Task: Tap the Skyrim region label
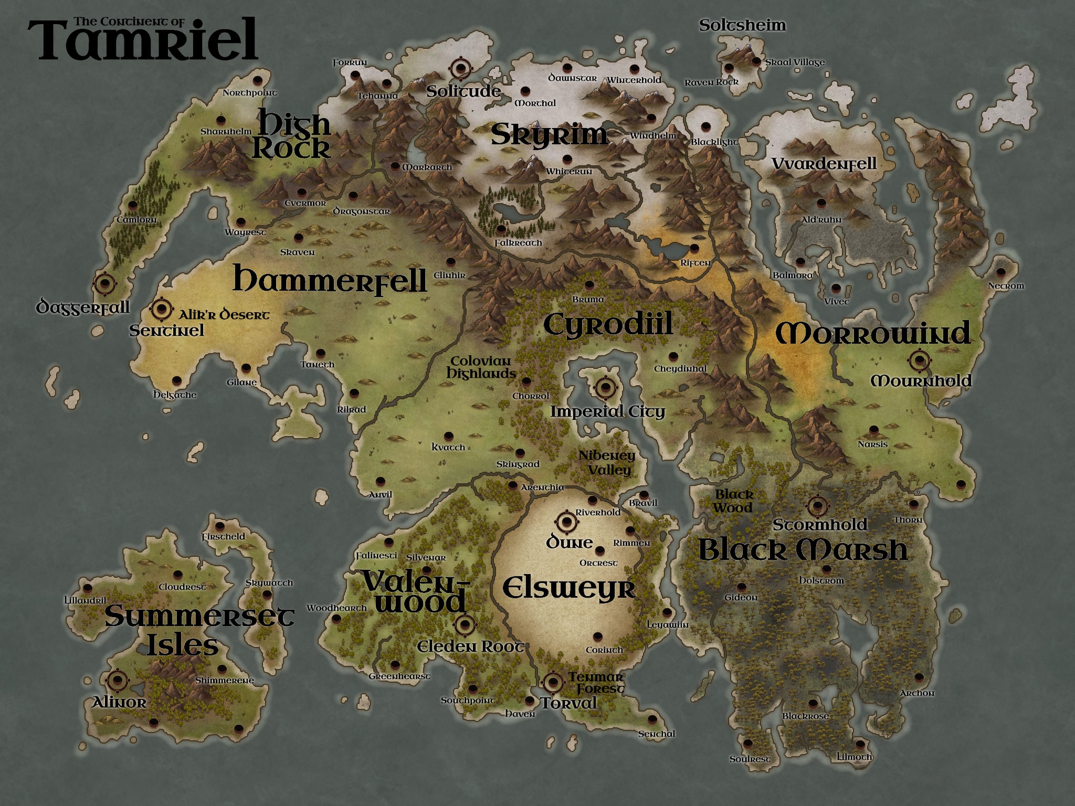pyautogui.click(x=549, y=135)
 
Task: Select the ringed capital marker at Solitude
pyautogui.click(x=460, y=68)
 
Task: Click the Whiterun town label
pyautogui.click(x=569, y=172)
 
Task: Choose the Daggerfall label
pyautogui.click(x=83, y=307)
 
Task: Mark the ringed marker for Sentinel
pyautogui.click(x=161, y=309)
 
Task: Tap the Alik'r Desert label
pyautogui.click(x=224, y=315)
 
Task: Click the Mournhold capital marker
pyautogui.click(x=919, y=360)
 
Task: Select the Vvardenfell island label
pyautogui.click(x=824, y=164)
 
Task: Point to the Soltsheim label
pyautogui.click(x=742, y=25)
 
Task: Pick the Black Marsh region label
pyautogui.click(x=803, y=550)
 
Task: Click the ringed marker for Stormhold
pyautogui.click(x=816, y=506)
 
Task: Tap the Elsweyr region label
pyautogui.click(x=569, y=588)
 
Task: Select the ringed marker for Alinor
pyautogui.click(x=117, y=681)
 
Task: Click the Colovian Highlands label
pyautogui.click(x=481, y=367)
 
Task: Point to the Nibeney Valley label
pyautogui.click(x=607, y=462)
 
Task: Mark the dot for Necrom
pyautogui.click(x=1000, y=273)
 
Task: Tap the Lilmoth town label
pyautogui.click(x=854, y=757)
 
